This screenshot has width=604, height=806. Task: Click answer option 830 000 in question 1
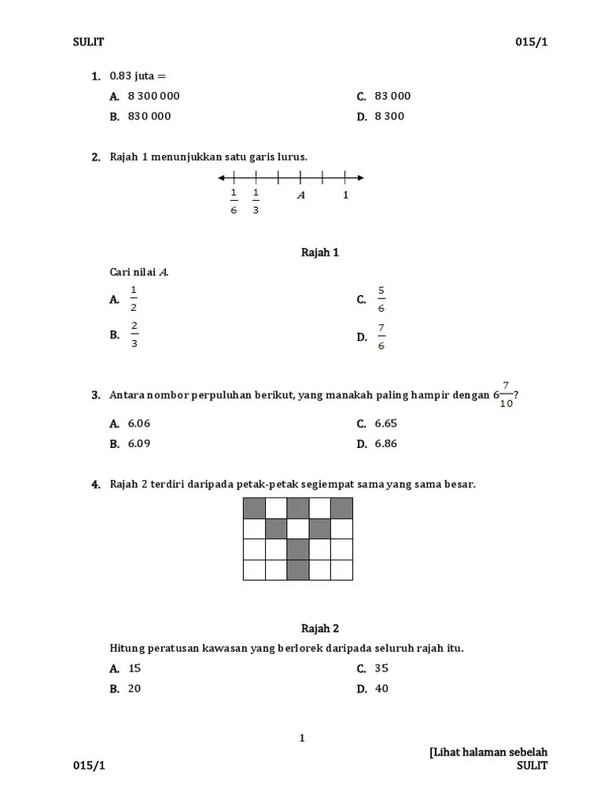(149, 116)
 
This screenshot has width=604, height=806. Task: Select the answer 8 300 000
(153, 96)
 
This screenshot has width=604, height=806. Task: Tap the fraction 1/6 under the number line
(234, 201)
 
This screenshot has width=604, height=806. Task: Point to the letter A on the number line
(300, 195)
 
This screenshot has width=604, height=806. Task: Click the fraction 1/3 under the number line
(256, 201)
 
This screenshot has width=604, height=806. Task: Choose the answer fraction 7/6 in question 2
(381, 336)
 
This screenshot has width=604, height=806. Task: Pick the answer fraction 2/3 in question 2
(134, 334)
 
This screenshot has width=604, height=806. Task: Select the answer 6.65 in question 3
(386, 423)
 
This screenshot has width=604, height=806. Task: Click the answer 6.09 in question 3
(139, 444)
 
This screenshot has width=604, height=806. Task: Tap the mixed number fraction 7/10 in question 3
(506, 394)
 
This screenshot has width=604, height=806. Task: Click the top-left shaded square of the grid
(254, 508)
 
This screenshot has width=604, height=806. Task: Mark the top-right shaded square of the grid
(342, 508)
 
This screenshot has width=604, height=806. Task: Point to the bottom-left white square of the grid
(254, 570)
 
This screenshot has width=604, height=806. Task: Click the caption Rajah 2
(320, 629)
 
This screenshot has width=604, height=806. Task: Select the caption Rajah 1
(320, 253)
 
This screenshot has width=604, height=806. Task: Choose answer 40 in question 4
(382, 689)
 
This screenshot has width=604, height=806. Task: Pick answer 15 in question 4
(134, 668)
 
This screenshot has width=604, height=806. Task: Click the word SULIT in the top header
(89, 43)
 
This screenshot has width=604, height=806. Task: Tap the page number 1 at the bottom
(302, 738)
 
